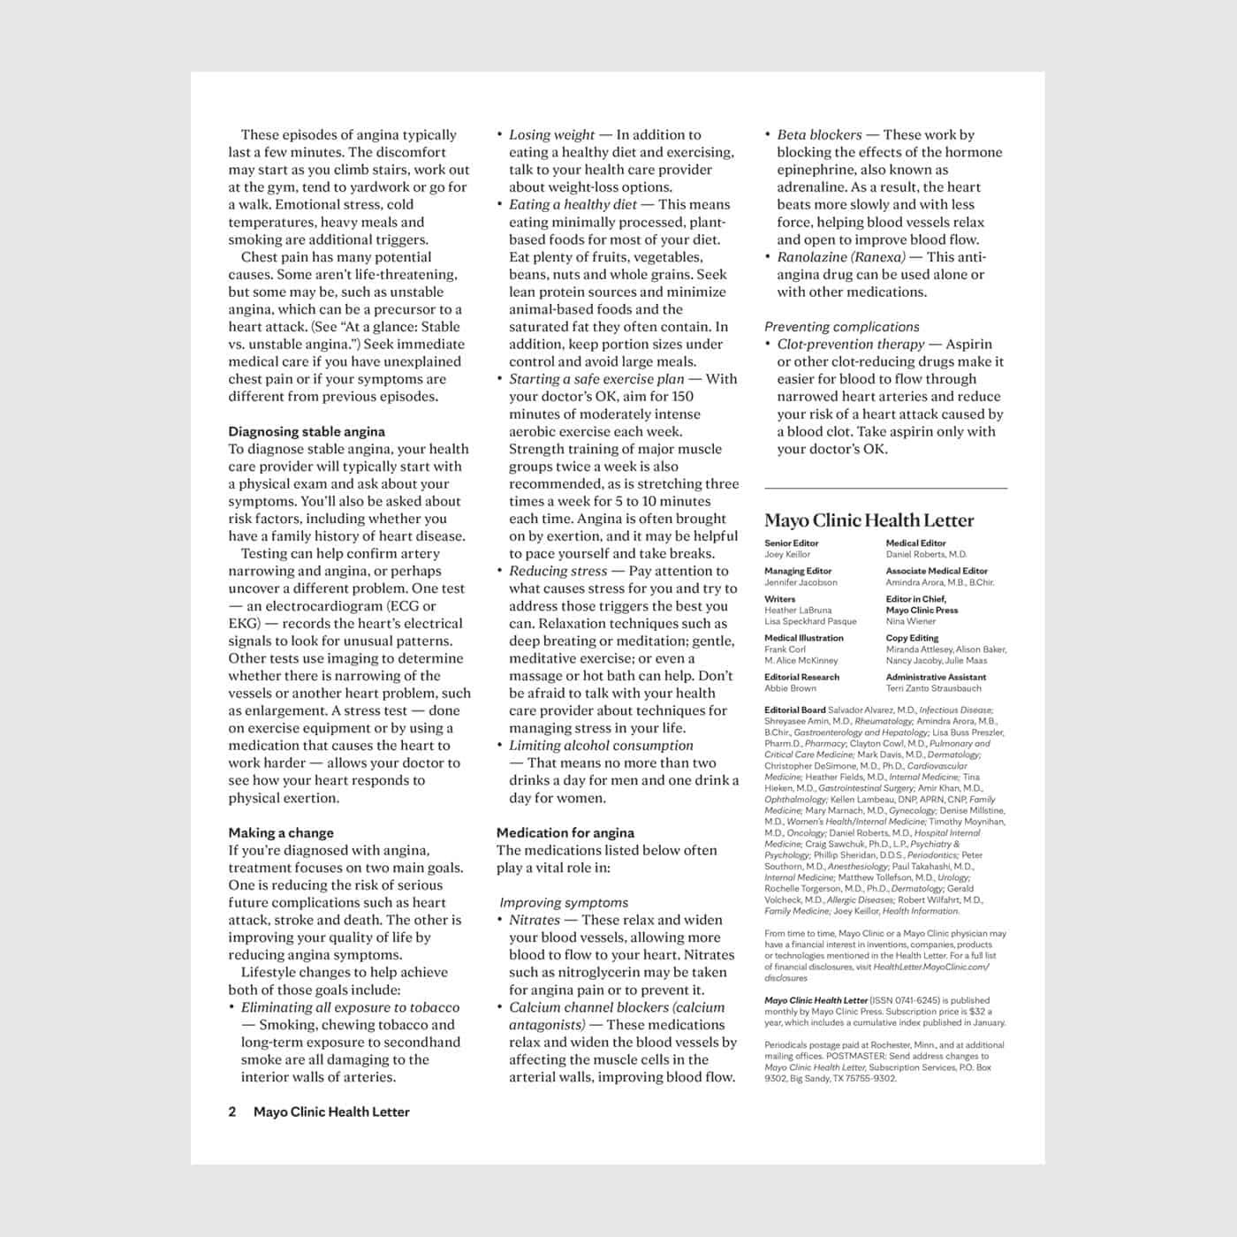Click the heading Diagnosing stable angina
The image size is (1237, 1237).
[x=307, y=432]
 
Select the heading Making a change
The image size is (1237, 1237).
[x=281, y=833]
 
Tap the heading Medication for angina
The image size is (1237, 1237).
[x=565, y=833]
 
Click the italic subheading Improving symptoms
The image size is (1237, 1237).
[x=564, y=903]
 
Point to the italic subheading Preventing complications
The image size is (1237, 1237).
[x=841, y=327]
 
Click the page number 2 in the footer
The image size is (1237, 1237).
[x=232, y=1112]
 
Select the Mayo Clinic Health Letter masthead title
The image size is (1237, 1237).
[x=869, y=520]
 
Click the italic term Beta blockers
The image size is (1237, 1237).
[x=819, y=135]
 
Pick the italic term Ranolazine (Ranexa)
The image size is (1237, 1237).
[x=841, y=257]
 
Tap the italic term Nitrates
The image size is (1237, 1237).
[x=535, y=920]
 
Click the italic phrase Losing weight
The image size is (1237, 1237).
[x=551, y=135]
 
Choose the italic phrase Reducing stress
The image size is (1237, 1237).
[x=558, y=572]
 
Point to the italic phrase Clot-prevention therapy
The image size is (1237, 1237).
[x=851, y=345]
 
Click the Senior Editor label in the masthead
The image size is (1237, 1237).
[x=791, y=543]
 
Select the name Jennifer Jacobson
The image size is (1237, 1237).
[x=801, y=582]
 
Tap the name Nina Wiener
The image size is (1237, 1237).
[x=911, y=621]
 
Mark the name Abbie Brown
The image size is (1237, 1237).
[x=790, y=688]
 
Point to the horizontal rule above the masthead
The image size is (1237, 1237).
[x=885, y=488]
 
